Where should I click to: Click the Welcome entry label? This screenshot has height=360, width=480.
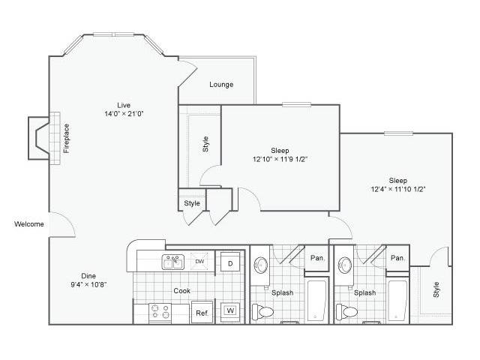click(29, 224)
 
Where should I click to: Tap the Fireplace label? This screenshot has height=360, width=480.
click(67, 138)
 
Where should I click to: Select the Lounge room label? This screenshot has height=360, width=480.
click(221, 85)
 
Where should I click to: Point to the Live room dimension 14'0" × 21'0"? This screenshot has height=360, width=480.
click(124, 114)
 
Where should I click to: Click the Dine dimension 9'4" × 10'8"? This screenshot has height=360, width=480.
click(88, 285)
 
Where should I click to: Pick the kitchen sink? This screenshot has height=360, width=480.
click(173, 262)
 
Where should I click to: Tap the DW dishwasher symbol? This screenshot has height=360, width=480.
click(199, 261)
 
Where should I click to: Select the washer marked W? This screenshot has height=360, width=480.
click(230, 310)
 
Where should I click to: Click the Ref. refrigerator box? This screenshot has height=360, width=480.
click(202, 312)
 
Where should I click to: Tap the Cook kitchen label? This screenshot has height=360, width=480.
click(181, 291)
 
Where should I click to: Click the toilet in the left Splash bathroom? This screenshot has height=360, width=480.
click(262, 312)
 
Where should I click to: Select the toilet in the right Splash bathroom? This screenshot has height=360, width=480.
click(346, 312)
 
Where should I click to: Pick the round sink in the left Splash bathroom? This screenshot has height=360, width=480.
click(261, 265)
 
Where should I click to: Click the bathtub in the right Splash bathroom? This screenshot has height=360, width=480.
click(397, 301)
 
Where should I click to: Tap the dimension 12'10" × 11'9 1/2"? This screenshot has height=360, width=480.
click(280, 159)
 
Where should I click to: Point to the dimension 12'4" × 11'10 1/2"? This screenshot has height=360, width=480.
click(398, 189)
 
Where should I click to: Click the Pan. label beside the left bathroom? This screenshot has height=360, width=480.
click(317, 258)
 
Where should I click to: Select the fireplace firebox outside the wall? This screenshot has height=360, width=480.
click(39, 138)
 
